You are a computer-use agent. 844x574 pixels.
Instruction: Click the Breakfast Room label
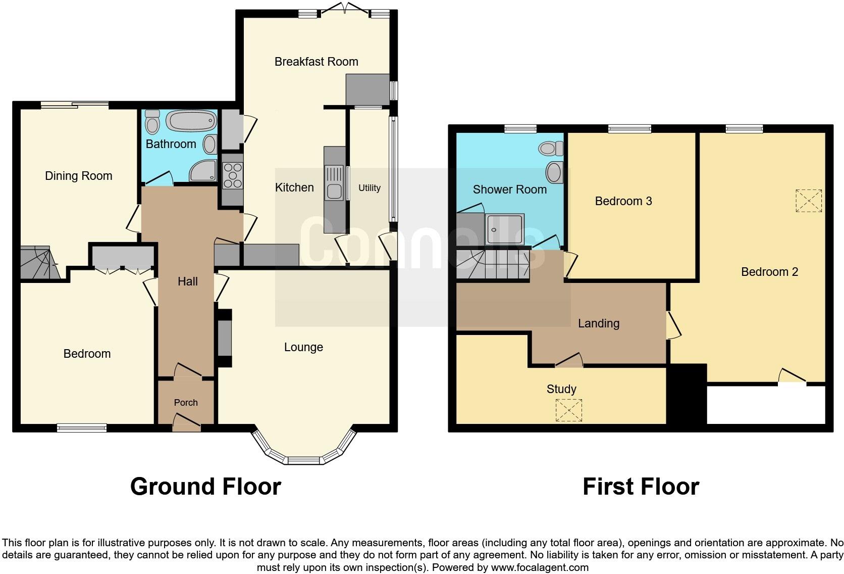click(316, 62)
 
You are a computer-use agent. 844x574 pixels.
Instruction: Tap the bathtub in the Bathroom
click(192, 121)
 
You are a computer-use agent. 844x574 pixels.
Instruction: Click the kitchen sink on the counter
click(334, 191)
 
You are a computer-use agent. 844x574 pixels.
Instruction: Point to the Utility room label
click(369, 188)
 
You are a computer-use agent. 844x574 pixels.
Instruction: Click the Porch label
click(186, 403)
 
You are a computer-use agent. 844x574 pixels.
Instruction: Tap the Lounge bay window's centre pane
click(303, 460)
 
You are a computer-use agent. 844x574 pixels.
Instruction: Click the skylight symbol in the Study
click(568, 410)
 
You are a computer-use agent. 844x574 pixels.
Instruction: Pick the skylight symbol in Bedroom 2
click(808, 201)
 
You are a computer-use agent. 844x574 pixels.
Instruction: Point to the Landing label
click(598, 323)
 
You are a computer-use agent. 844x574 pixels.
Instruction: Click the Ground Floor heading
click(205, 487)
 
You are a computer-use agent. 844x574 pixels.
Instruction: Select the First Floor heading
click(641, 487)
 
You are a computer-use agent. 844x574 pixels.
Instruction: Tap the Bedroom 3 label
click(623, 201)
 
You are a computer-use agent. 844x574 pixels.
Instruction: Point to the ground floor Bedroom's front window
click(82, 428)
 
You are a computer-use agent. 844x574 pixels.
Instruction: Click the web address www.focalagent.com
click(540, 567)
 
